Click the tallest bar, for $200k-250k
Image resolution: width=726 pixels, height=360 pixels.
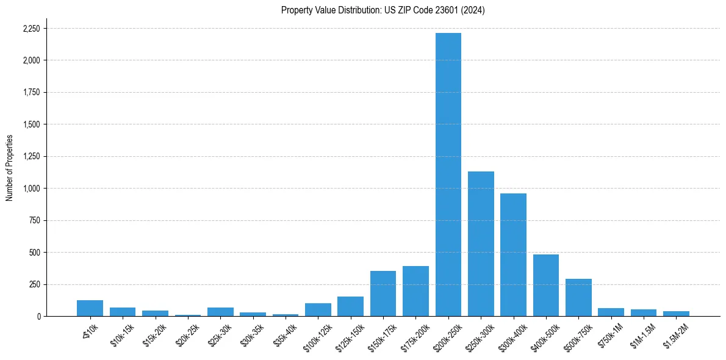click(448, 175)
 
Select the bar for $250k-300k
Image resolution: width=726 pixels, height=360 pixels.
click(481, 244)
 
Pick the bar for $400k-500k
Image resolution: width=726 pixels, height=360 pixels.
click(546, 286)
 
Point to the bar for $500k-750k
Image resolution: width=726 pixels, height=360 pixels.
click(578, 298)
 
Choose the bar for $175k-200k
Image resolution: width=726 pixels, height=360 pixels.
click(415, 291)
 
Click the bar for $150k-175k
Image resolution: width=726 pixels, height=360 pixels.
click(383, 293)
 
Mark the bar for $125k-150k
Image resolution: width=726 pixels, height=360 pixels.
click(351, 306)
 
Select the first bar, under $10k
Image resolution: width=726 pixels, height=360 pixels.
click(90, 308)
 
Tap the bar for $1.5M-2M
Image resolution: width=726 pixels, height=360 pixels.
click(676, 314)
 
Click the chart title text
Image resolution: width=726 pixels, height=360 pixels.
click(383, 10)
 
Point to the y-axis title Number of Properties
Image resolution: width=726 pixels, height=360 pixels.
click(10, 168)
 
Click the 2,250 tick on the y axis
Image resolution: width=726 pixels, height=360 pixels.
click(31, 29)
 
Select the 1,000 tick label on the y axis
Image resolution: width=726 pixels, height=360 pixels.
click(31, 189)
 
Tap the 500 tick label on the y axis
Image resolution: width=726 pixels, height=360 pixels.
click(34, 253)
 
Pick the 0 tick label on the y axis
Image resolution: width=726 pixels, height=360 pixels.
click(38, 317)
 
